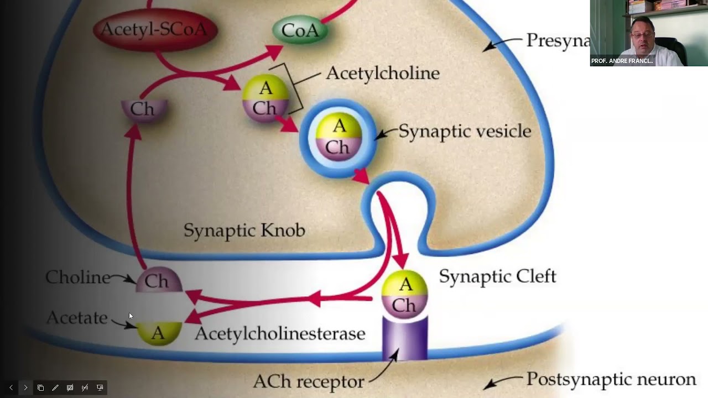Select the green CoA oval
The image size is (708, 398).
[x=300, y=30]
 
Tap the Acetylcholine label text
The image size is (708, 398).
[x=382, y=73]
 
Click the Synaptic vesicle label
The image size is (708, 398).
[x=465, y=131]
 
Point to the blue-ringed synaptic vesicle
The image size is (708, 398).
[x=339, y=138]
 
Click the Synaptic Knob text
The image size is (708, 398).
[x=244, y=230]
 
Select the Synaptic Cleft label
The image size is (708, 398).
[x=497, y=276]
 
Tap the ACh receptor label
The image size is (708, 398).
[x=308, y=381]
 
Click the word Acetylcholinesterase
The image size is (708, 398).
[x=280, y=333]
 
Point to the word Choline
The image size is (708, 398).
[x=77, y=277]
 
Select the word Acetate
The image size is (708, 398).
[x=77, y=317]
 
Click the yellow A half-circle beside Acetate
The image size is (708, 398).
[x=159, y=333]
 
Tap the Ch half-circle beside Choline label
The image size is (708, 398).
[x=159, y=280]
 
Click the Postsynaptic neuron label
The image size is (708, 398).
[x=611, y=379]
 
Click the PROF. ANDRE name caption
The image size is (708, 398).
[x=622, y=61]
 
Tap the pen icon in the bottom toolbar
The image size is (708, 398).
[x=55, y=387]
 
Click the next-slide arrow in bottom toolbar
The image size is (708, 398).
[x=25, y=387]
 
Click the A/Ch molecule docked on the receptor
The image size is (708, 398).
[x=405, y=294]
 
